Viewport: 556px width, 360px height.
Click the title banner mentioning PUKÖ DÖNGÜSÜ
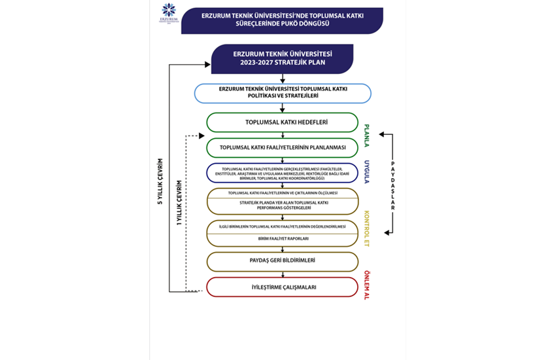pos(282,20)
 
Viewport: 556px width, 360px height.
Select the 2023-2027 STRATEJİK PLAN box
pos(283,58)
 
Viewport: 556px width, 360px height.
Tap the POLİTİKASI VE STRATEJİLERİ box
pos(283,92)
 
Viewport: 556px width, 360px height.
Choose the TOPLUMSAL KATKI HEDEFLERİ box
pos(283,122)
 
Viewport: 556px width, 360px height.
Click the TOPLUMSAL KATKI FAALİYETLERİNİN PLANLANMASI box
pos(283,147)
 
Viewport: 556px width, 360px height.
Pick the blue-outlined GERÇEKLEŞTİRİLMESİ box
pos(283,173)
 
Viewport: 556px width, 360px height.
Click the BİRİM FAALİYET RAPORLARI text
pos(283,239)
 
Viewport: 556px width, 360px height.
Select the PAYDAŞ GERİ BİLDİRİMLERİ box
pos(283,261)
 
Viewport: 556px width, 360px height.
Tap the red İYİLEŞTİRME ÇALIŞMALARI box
pos(283,287)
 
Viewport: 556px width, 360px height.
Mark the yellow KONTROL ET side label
pos(368,228)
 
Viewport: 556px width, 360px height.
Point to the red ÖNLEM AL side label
pos(368,286)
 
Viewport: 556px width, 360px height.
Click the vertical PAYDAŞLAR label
pos(392,184)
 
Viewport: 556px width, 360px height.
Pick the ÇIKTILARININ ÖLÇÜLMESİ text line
pos(283,193)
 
